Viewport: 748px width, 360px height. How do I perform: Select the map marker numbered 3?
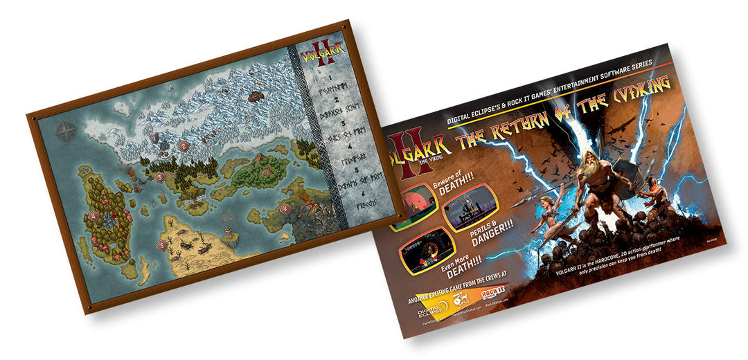point(159,177)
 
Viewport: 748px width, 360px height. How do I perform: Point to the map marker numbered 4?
point(93,217)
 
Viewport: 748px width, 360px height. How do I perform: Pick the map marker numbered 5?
point(161,244)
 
